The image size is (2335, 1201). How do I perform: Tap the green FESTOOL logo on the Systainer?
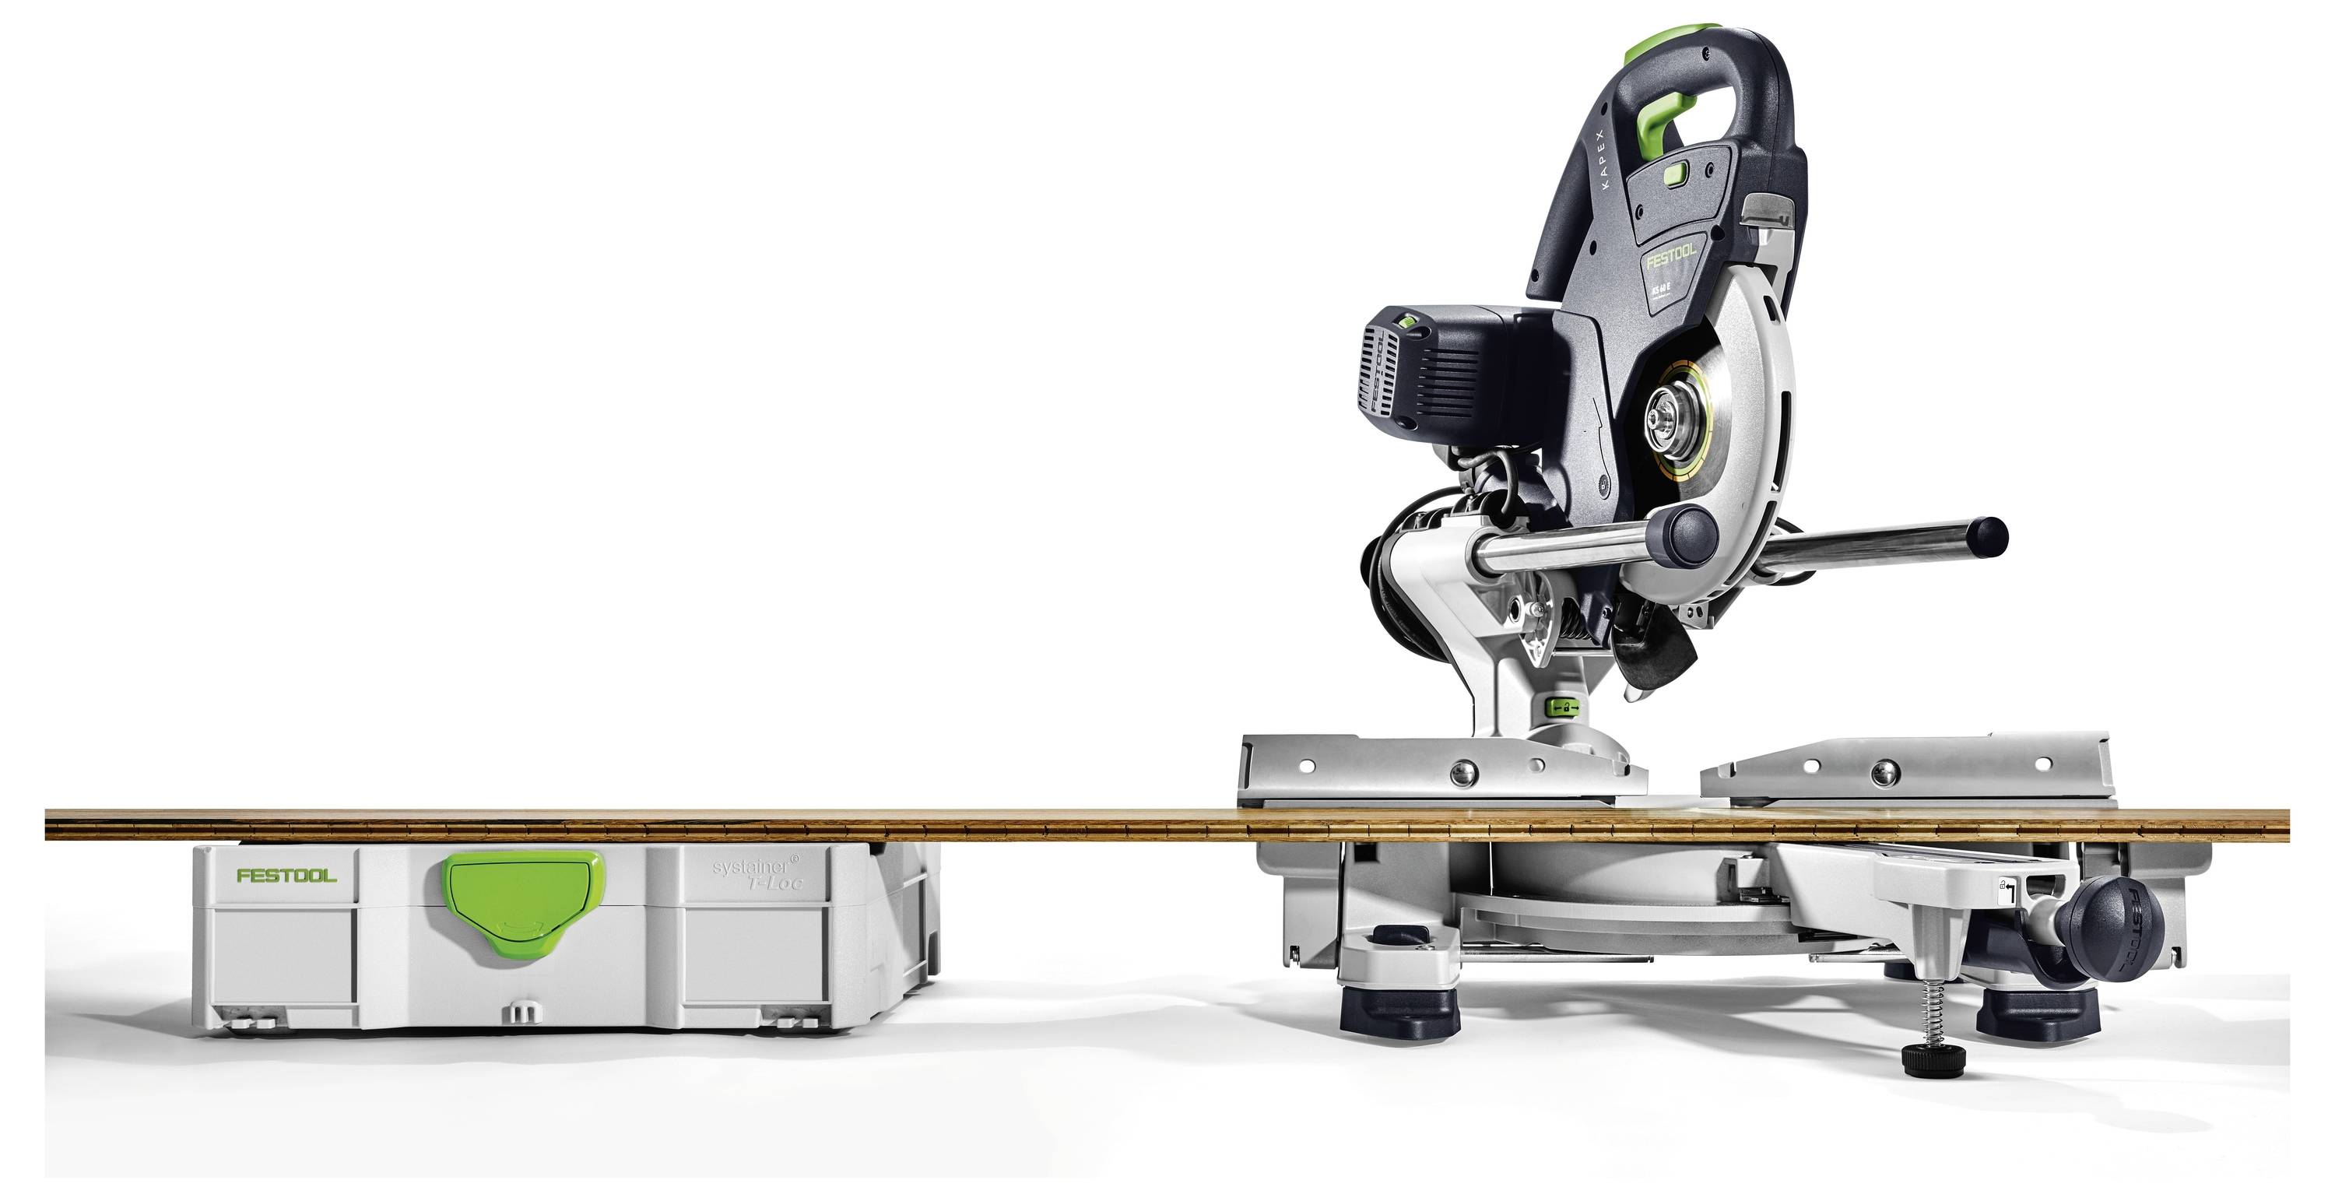pyautogui.click(x=286, y=876)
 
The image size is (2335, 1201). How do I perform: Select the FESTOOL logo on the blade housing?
pyautogui.click(x=1670, y=257)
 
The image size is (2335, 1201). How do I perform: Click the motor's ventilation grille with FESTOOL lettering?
pyautogui.click(x=1380, y=381)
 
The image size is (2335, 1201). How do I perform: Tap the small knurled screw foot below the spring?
pyautogui.click(x=1932, y=1059)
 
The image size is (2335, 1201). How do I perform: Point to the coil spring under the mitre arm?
pyautogui.click(x=1927, y=1015)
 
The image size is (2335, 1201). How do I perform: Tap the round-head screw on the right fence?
pyautogui.click(x=1885, y=772)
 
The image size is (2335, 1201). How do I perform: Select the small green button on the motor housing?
pyautogui.click(x=1408, y=320)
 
